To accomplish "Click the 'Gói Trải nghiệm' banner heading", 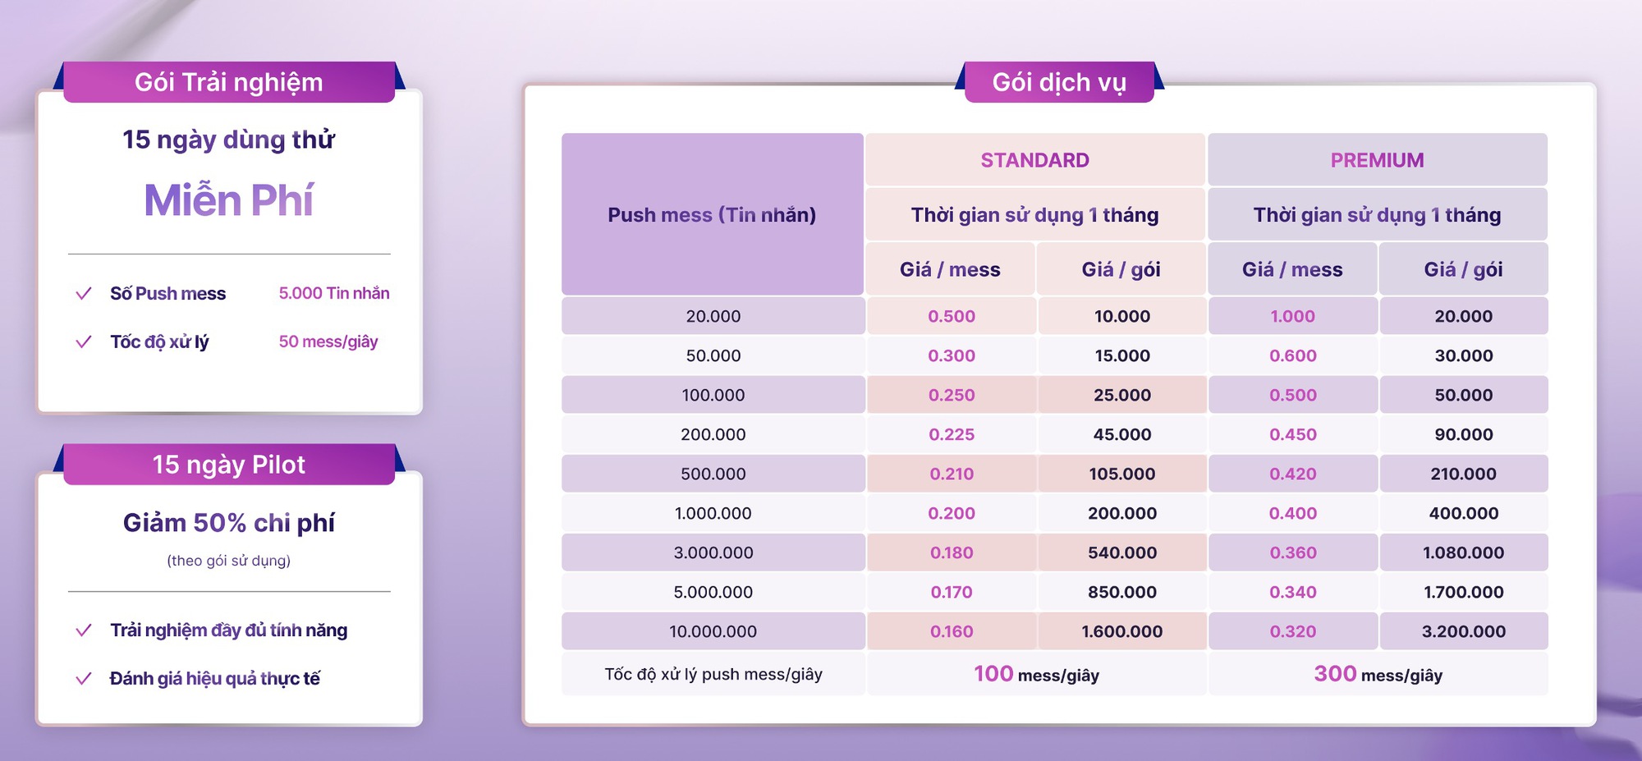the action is point(228,82).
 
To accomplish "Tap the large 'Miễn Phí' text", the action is point(228,200).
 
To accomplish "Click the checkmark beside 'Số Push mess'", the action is point(83,293).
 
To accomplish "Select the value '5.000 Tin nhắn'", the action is point(334,293).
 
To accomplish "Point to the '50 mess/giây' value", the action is point(328,342).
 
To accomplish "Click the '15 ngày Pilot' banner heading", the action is point(228,465).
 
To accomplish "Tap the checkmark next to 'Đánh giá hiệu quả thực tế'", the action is point(83,678).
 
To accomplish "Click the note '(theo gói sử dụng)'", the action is point(228,561).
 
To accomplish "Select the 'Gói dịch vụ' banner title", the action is point(1059,82).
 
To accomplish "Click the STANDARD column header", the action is point(1034,160).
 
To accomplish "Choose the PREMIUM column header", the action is point(1377,160).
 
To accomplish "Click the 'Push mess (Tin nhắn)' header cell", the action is point(712,214).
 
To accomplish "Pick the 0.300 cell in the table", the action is point(952,355).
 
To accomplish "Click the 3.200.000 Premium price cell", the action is point(1463,631).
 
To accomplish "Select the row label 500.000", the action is point(713,474).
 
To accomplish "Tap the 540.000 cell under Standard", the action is point(1121,552).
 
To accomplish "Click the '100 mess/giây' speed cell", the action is point(1036,674).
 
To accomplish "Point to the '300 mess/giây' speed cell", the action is point(1378,674).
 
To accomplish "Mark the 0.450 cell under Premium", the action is point(1292,434).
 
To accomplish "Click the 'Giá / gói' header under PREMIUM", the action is point(1463,269).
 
